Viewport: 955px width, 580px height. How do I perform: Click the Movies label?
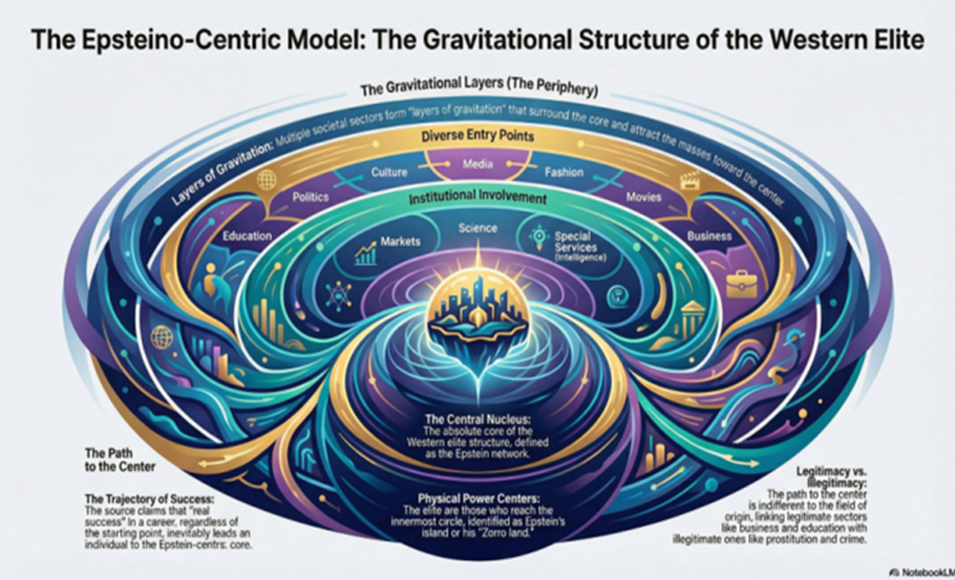click(x=643, y=197)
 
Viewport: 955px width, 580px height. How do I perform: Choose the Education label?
click(x=247, y=236)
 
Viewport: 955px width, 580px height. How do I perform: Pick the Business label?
click(x=708, y=236)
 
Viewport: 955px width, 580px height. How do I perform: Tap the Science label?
click(x=477, y=229)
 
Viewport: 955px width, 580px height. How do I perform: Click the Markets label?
click(x=401, y=241)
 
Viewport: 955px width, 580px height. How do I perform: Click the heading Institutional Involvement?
click(x=477, y=199)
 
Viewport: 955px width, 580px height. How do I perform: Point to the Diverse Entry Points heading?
click(x=477, y=136)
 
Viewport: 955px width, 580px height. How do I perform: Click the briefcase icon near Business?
click(x=741, y=283)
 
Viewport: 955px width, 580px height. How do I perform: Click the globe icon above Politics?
click(x=266, y=179)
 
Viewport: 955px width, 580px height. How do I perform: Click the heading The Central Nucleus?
click(x=477, y=420)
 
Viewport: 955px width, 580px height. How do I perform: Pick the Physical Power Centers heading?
click(x=477, y=496)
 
